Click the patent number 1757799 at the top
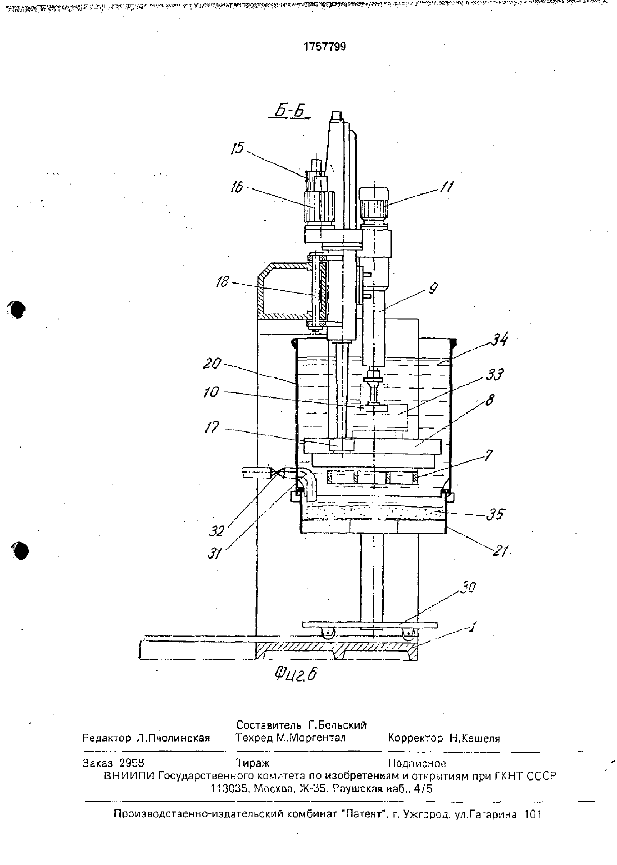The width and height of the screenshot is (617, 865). click(324, 47)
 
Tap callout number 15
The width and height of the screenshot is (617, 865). click(238, 148)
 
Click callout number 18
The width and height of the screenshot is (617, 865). click(222, 282)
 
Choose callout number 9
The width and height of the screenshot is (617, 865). click(433, 288)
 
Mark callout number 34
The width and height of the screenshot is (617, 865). click(499, 339)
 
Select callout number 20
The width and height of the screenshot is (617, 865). click(212, 364)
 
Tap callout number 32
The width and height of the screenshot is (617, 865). click(217, 531)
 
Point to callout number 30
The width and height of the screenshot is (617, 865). click(468, 588)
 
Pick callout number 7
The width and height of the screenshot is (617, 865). click(488, 456)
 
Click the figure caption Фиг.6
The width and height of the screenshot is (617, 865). click(296, 674)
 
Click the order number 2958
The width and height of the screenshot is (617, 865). click(132, 763)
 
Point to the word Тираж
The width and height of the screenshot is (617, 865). click(252, 763)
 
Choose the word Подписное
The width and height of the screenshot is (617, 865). click(417, 763)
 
